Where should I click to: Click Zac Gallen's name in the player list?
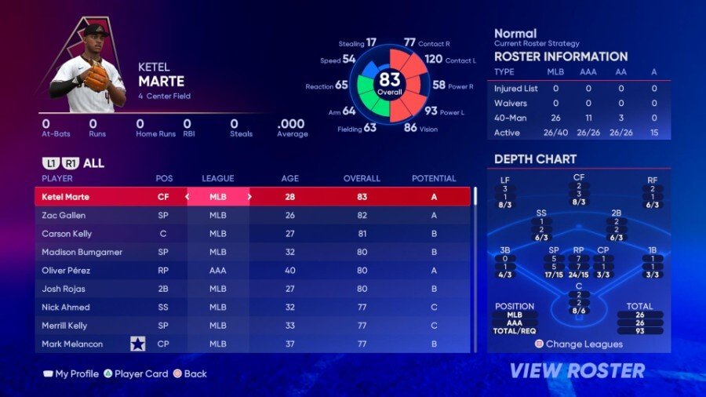pos(64,215)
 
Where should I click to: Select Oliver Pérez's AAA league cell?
pos(217,271)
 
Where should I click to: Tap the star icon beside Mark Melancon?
pos(138,344)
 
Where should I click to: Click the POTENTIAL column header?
pos(434,179)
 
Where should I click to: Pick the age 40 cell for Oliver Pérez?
pos(289,271)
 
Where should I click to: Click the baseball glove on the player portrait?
pos(96,77)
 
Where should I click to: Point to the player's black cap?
pos(95,31)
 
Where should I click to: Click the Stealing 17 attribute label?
pos(358,42)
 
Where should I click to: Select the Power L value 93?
pos(431,111)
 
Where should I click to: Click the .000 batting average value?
pos(291,124)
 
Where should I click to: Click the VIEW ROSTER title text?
pos(577,370)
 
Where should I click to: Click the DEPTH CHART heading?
pos(536,159)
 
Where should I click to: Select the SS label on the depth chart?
pos(540,212)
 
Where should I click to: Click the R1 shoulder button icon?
pos(69,163)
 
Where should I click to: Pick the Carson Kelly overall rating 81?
pos(362,234)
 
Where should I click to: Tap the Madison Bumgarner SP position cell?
pos(163,252)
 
